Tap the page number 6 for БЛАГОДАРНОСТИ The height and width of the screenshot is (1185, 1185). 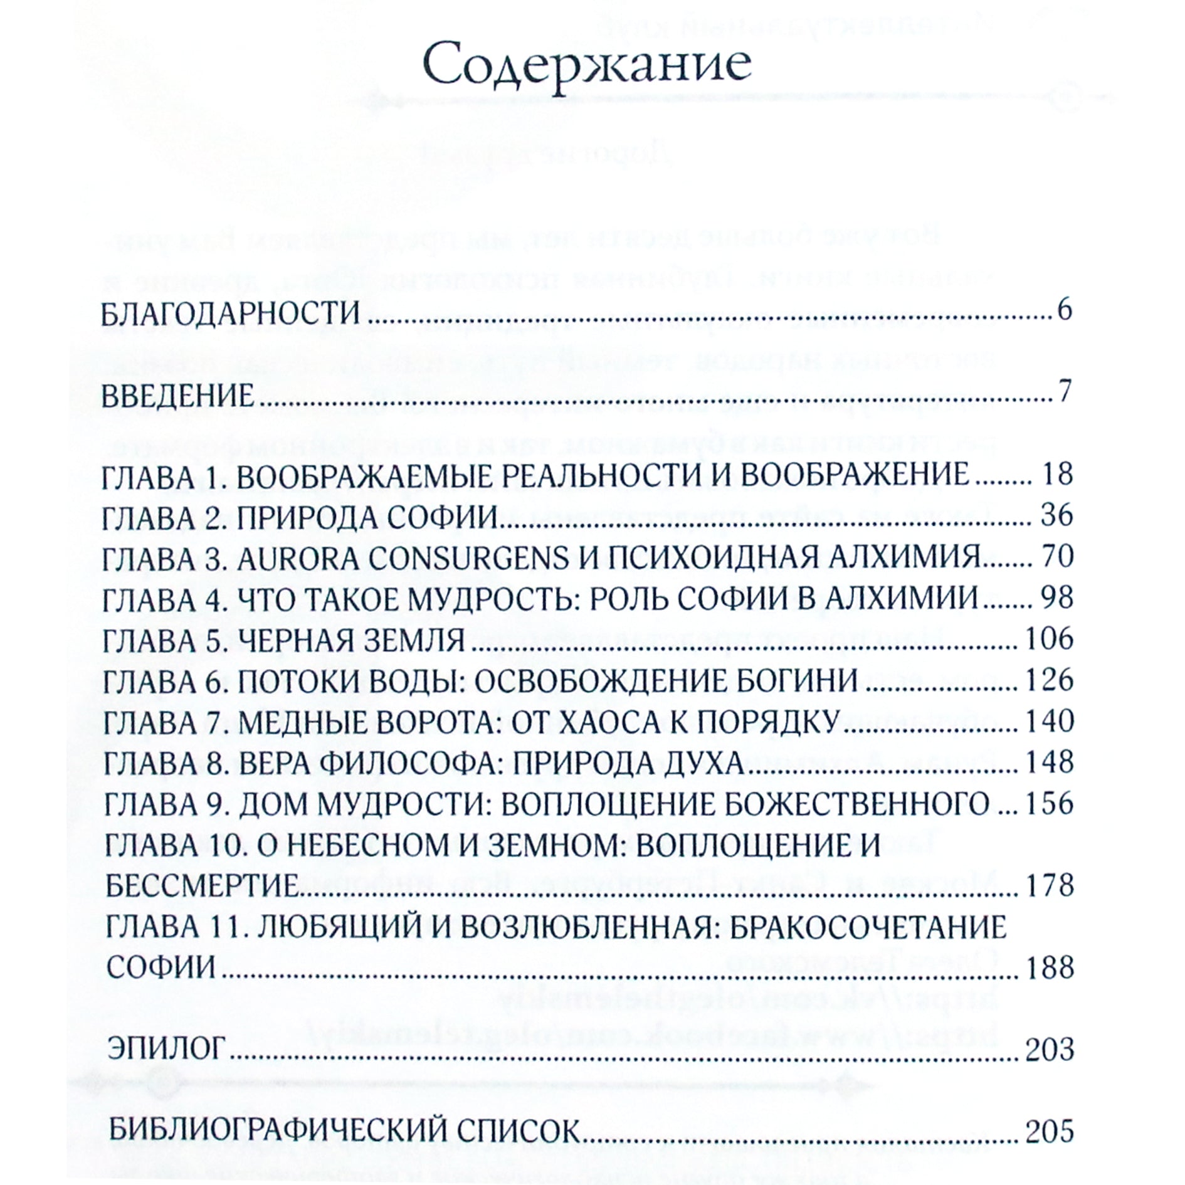click(x=1064, y=312)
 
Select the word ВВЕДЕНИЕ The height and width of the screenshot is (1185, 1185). click(x=177, y=397)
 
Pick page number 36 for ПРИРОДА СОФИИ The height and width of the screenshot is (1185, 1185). click(x=1056, y=515)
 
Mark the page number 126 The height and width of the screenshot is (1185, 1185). click(x=1048, y=681)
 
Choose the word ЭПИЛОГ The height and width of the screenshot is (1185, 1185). click(x=166, y=1049)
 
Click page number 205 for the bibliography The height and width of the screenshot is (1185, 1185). click(x=1048, y=1132)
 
